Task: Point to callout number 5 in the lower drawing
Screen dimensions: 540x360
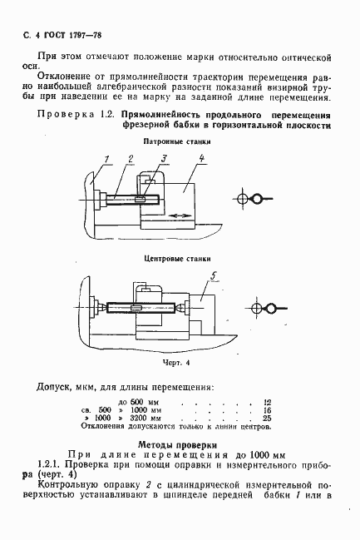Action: (x=214, y=275)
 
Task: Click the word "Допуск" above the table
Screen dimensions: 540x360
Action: (x=54, y=387)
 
